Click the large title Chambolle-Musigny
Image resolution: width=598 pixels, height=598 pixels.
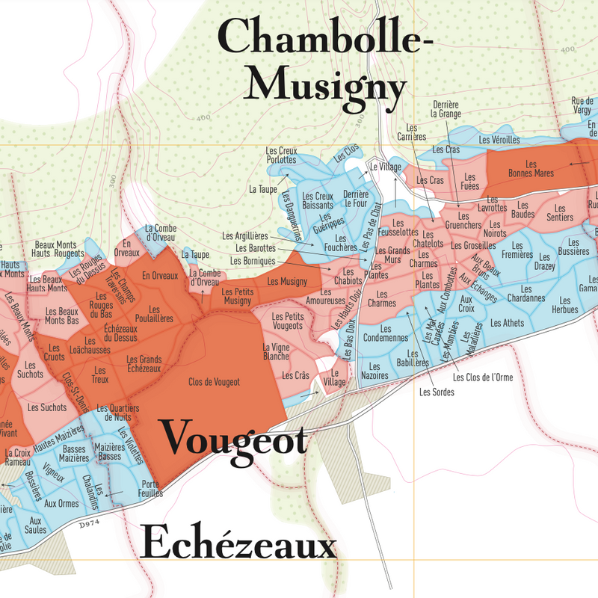point(326,61)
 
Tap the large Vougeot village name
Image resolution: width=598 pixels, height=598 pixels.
point(234,438)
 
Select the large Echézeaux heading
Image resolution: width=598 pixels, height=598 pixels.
point(239,543)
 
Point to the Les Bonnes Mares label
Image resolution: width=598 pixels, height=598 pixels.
point(531,169)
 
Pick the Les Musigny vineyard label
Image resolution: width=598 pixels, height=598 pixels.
point(283,281)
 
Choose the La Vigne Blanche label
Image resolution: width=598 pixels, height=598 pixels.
point(276,352)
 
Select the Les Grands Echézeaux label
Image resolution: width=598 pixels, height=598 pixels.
point(144,364)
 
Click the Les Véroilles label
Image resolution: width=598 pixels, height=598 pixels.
point(499,140)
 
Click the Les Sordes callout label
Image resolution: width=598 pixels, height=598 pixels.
point(437,391)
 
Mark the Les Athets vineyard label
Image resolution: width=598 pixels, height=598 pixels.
point(508,323)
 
